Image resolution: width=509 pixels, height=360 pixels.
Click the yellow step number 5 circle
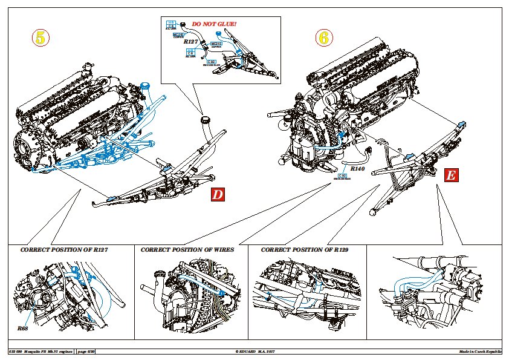click(40, 37)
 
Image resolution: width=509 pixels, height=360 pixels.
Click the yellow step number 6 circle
click(324, 37)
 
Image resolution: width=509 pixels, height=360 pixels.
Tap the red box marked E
click(450, 175)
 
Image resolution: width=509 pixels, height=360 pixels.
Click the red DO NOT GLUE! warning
click(214, 24)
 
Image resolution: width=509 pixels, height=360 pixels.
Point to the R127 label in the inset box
click(190, 41)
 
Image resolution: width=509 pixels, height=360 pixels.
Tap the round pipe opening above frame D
click(206, 119)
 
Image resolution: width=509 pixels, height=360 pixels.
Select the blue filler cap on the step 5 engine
click(144, 85)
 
